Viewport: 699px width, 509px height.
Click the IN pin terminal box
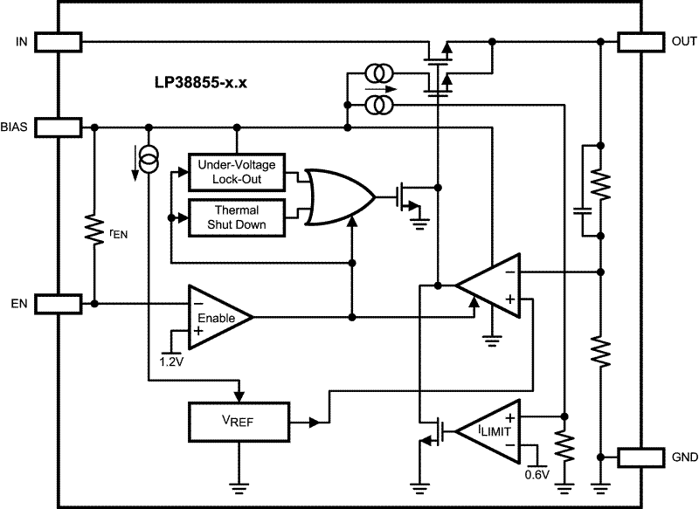coord(59,41)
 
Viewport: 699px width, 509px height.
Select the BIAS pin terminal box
coord(59,127)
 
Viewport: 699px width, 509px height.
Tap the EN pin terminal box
coord(59,303)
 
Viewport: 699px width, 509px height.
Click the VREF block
coord(238,423)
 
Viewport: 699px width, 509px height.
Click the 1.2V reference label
coord(172,360)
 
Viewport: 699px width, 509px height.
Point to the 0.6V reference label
coord(536,474)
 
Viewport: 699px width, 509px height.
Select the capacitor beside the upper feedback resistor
coord(581,209)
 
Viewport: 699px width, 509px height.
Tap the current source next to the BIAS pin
coord(149,159)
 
